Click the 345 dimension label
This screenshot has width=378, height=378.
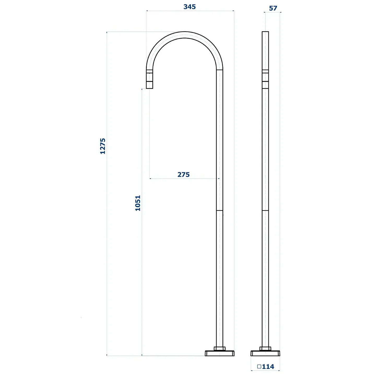tap(190, 7)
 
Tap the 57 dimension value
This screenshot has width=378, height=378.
tap(273, 8)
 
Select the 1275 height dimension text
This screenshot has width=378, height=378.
tap(103, 146)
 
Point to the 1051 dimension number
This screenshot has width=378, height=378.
tap(138, 203)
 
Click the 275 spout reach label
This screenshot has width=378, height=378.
tap(184, 175)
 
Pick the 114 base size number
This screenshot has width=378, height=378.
tap(268, 367)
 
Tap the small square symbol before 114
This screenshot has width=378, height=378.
tap(259, 366)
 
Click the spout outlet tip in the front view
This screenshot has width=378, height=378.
tap(149, 88)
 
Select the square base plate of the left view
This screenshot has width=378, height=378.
tap(220, 353)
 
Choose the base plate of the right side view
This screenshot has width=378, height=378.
tap(265, 353)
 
